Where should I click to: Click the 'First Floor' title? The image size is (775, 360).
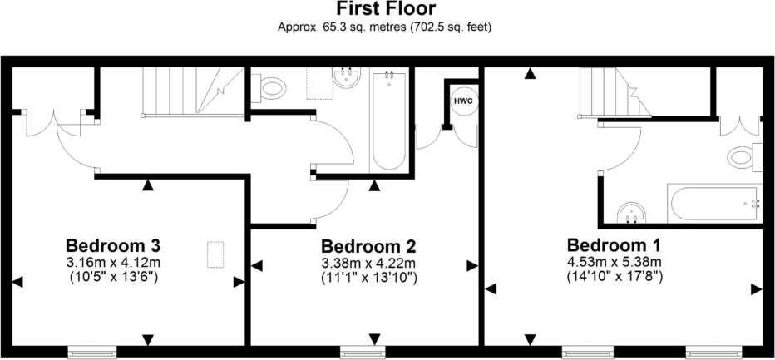[387, 9]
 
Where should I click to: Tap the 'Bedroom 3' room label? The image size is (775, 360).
[113, 246]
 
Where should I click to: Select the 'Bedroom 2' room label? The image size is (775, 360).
[368, 247]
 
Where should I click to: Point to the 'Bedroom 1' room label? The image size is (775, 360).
[614, 245]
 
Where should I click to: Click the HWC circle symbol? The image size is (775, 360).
[463, 100]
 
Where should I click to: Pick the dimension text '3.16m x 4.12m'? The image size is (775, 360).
[113, 262]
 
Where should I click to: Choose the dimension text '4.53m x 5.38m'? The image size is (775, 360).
[614, 261]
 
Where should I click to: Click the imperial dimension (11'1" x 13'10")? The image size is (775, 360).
[368, 277]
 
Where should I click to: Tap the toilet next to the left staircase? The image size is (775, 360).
[272, 86]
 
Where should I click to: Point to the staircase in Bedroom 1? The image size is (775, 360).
[605, 89]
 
